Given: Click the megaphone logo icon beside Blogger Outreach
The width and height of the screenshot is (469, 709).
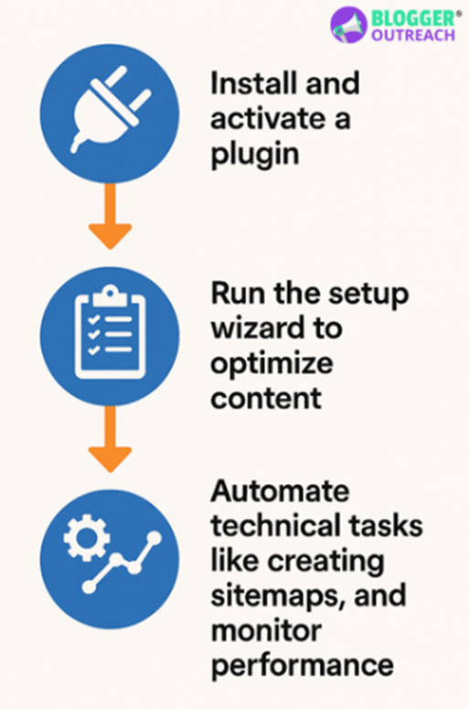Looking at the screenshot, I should click(348, 25).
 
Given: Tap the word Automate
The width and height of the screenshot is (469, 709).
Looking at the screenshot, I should click(280, 490).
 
